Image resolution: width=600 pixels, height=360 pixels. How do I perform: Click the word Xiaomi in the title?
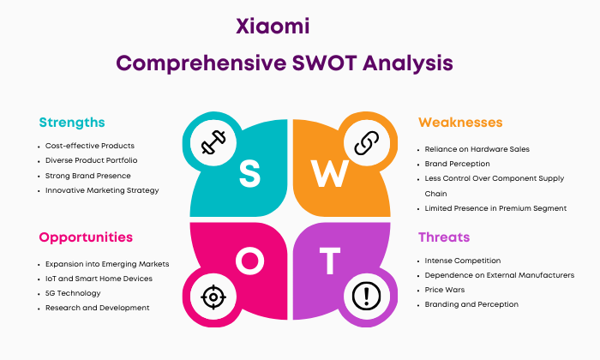pos(273,27)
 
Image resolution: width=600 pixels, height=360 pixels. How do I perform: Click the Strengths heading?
pos(72,123)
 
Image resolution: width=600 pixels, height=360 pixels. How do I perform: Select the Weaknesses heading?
pos(460,123)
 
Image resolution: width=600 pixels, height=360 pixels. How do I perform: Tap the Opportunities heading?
pos(86,237)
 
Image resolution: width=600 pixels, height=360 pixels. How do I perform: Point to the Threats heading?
pos(444,237)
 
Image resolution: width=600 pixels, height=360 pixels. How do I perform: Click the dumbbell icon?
pos(213,142)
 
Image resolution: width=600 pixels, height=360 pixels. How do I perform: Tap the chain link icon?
pos(367,142)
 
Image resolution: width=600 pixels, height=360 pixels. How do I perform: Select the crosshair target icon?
pos(213,297)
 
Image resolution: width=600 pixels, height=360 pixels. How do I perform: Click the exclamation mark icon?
pos(366,296)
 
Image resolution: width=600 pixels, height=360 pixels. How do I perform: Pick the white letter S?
pos(249,173)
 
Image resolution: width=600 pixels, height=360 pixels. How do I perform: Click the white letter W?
pos(329,173)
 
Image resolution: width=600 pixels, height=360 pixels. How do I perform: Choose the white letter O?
pos(250,261)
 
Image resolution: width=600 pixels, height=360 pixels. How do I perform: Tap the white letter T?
pos(330,261)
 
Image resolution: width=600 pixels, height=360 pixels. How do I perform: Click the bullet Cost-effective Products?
pos(90,146)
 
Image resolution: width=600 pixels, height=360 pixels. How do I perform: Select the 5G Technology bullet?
pos(73,293)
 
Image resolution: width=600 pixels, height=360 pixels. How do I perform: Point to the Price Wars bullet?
pos(445,290)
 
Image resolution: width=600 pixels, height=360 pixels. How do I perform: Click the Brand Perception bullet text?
pos(457,164)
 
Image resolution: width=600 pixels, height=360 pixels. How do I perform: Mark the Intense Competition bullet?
pos(463,261)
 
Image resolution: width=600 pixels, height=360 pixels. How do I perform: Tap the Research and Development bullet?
pos(97,308)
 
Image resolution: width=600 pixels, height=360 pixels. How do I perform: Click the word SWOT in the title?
pos(325,63)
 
